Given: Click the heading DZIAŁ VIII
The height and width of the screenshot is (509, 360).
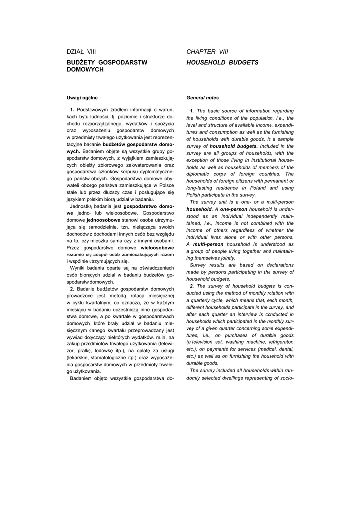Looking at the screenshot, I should pyautogui.click(x=81, y=51).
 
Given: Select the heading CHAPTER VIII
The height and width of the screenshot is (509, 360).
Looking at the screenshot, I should pyautogui.click(x=207, y=51).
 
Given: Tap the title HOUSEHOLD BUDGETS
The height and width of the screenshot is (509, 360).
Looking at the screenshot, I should pyautogui.click(x=222, y=63).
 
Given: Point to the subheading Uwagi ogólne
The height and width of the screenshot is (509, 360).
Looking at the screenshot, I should pyautogui.click(x=82, y=97).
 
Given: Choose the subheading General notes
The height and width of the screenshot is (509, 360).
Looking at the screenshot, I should pyautogui.click(x=202, y=98).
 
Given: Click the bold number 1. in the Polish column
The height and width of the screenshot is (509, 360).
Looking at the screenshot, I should pyautogui.click(x=72, y=109).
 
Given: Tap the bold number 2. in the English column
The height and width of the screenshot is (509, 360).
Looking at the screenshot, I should pyautogui.click(x=192, y=286).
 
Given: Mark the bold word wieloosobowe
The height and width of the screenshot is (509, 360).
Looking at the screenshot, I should pyautogui.click(x=157, y=247).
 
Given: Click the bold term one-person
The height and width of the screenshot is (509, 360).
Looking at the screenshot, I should pyautogui.click(x=234, y=209).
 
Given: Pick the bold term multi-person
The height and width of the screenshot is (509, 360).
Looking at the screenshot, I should pyautogui.click(x=208, y=244).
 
